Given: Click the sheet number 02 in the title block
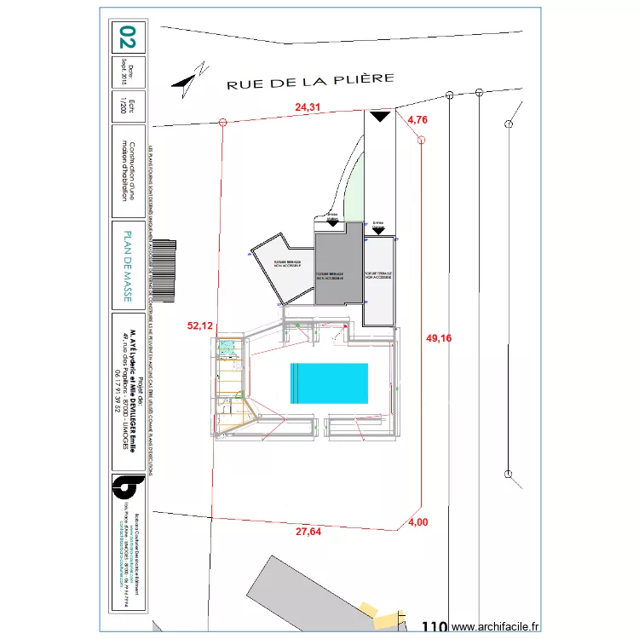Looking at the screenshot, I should (127, 37).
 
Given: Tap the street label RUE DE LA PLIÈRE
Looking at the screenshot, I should (309, 81).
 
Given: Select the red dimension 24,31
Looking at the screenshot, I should (308, 107).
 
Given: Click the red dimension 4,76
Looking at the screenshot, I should (417, 120).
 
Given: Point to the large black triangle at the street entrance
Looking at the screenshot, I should (380, 116).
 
